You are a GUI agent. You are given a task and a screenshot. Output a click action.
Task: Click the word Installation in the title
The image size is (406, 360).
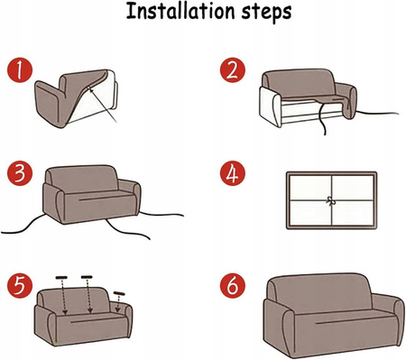point(180,11)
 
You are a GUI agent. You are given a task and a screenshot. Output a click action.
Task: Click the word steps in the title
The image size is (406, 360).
point(266,13)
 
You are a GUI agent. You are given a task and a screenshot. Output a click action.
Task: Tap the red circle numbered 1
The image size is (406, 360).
point(20,70)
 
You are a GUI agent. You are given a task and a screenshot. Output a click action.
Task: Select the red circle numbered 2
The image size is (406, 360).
point(233,70)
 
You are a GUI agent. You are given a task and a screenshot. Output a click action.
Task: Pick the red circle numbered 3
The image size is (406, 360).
point(20,173)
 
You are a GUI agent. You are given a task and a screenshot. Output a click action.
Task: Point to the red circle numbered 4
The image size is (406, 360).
point(233,173)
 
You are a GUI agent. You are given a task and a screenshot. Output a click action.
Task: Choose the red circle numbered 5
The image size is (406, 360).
point(20,286)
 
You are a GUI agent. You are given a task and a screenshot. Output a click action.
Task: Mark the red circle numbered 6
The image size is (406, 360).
point(233,286)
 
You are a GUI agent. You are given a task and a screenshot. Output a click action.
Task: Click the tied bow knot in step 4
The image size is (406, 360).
point(331,201)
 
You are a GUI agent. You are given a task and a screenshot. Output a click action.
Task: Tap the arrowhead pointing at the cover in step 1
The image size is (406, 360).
point(91,88)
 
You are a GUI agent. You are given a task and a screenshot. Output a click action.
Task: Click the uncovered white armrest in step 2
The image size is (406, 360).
point(270,106)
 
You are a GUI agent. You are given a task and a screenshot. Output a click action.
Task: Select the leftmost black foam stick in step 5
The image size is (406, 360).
point(61,277)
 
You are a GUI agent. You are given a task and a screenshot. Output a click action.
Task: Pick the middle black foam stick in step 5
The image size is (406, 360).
point(87,277)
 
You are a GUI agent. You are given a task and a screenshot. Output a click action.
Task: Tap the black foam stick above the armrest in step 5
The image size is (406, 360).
point(119,293)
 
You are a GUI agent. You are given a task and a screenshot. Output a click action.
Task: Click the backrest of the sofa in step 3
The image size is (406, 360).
point(82,179)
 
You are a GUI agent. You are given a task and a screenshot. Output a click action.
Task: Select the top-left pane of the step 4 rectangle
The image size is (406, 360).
point(310,188)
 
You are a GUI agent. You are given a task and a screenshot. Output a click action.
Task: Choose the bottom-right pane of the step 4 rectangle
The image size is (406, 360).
point(353,213)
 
